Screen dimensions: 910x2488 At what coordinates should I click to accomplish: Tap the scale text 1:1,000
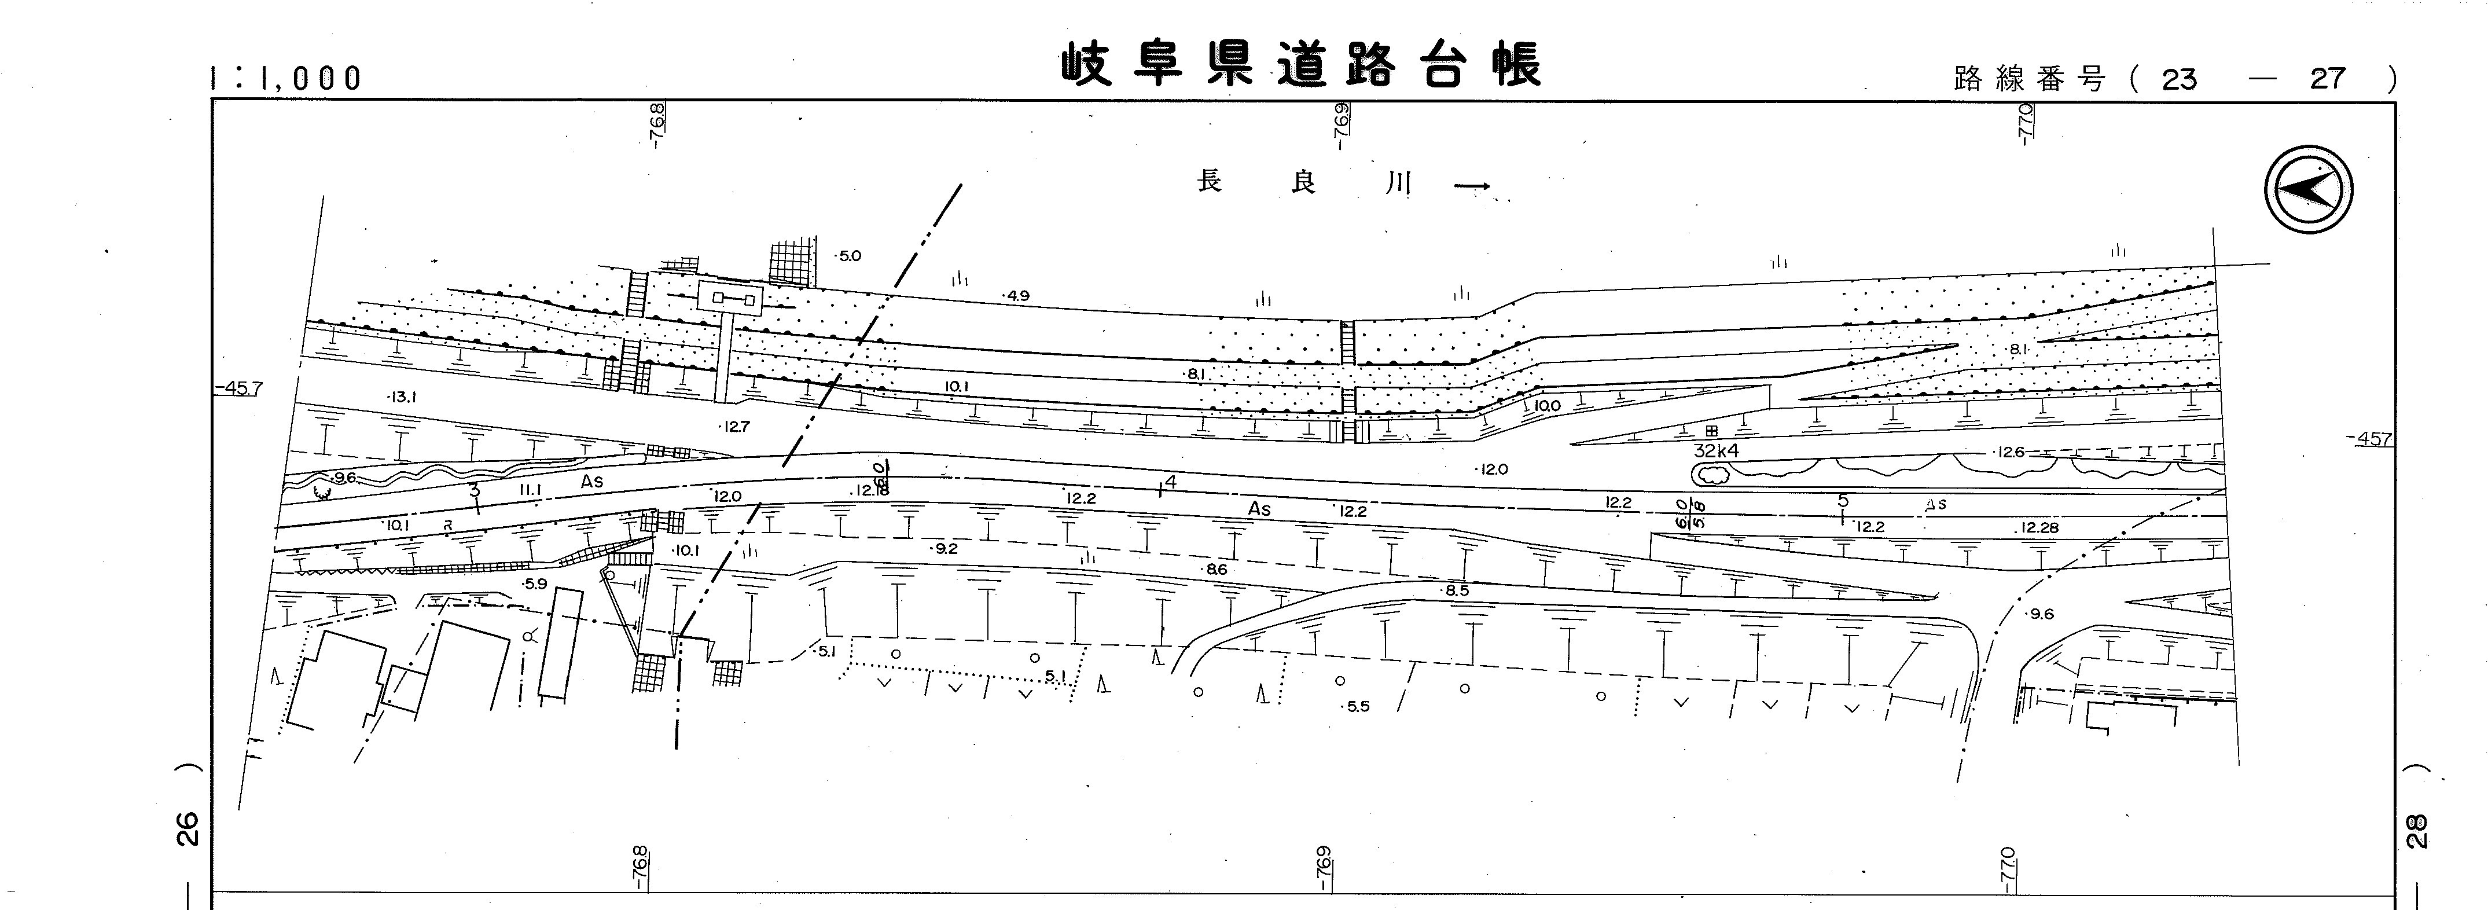286,78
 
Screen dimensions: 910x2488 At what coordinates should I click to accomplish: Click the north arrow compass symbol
2309,189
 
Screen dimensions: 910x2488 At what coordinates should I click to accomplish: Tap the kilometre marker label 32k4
1715,451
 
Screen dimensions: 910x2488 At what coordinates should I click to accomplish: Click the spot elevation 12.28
2038,527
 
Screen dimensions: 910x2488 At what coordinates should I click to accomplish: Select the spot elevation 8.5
1456,590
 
